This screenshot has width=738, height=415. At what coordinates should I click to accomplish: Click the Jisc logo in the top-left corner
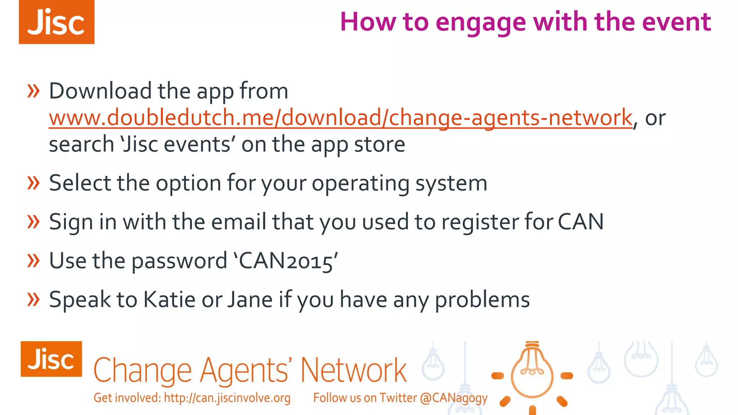click(57, 22)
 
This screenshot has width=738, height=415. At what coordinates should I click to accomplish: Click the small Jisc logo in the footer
click(51, 359)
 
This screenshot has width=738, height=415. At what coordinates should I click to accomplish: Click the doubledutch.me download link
click(341, 117)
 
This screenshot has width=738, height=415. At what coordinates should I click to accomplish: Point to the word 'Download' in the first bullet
click(100, 91)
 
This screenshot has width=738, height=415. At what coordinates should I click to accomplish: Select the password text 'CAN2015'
click(286, 261)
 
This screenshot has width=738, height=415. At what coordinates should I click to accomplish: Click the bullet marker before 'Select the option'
click(34, 183)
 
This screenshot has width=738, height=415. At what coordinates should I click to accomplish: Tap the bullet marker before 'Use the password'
click(34, 260)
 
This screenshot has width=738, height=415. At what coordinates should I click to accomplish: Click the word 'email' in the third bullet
click(239, 222)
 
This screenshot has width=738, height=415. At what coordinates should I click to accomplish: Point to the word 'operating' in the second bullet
click(360, 184)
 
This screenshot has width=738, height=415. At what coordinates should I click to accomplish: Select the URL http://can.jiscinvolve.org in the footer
click(227, 398)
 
